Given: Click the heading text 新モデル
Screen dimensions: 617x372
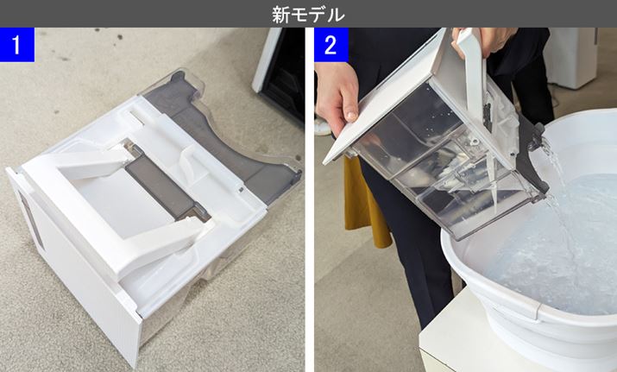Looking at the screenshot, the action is coord(308,15).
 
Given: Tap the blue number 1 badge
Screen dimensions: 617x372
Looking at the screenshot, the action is coord(17,45).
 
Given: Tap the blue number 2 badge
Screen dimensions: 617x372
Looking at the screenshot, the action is coord(331,45).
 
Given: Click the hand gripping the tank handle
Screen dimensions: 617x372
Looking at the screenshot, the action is coord(484,40).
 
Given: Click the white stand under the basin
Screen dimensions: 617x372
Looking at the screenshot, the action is coord(472,338).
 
